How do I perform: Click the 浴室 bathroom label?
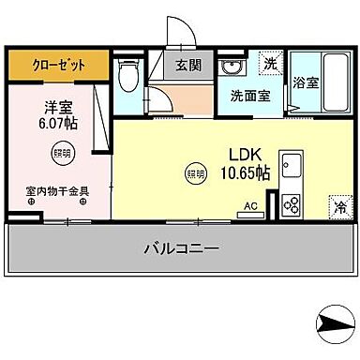click(306, 82)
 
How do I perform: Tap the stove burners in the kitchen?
click(290, 204)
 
